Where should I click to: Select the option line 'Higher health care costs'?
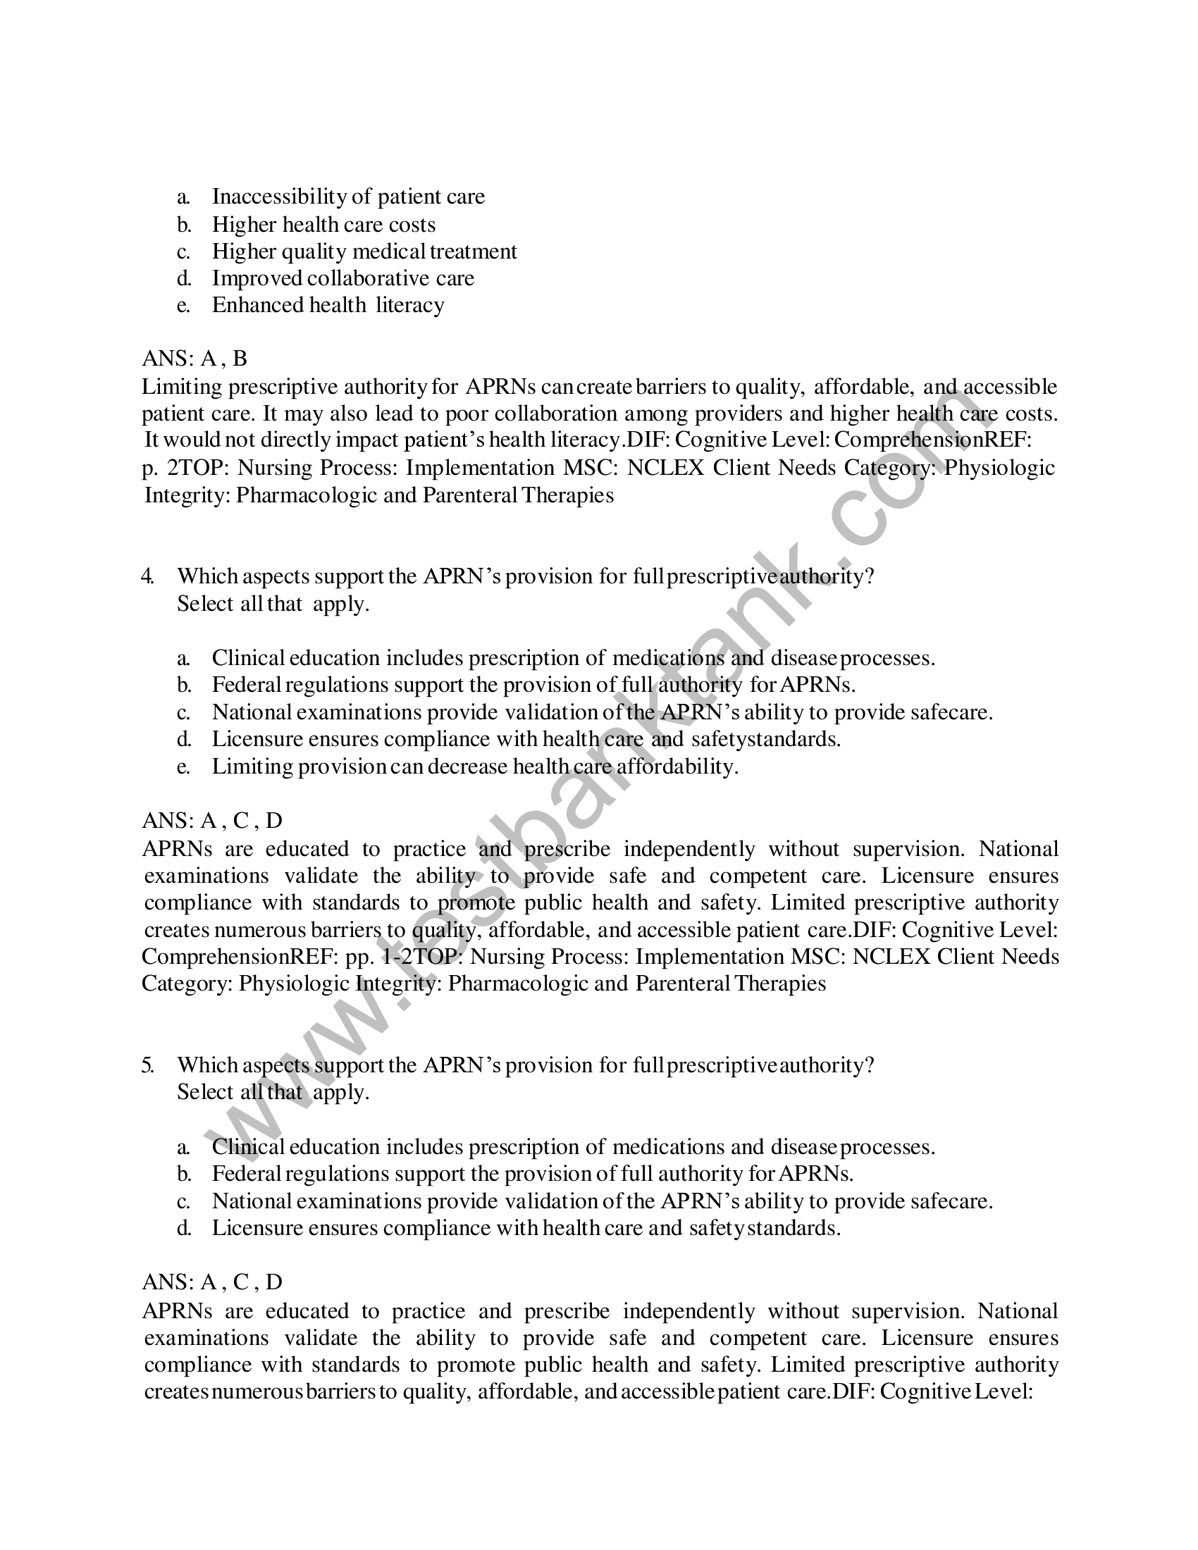pos(323,225)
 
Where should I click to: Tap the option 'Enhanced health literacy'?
pos(328,305)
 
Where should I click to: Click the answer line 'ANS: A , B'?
pos(194,359)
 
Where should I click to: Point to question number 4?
pos(147,576)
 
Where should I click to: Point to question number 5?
pos(147,1065)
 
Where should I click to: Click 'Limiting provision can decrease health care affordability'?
pos(475,767)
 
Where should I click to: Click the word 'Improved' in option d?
pos(257,278)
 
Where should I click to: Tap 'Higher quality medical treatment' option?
pos(364,252)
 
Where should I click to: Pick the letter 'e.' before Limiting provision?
pos(184,767)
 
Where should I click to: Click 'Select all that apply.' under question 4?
pos(273,604)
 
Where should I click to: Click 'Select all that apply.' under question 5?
pos(273,1092)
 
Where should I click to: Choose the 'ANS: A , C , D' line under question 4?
pos(212,821)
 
